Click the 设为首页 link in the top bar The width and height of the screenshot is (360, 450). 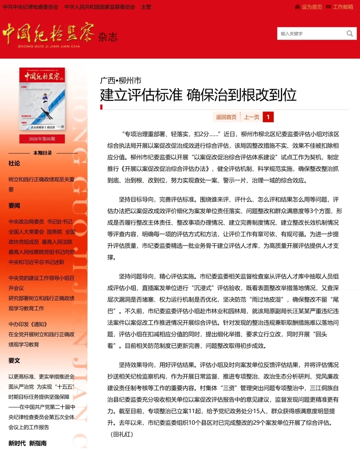point(312,7)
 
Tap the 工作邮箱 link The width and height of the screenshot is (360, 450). point(343,7)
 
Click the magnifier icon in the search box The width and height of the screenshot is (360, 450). point(349,33)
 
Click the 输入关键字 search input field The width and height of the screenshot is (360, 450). point(310,34)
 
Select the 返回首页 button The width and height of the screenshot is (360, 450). point(226,117)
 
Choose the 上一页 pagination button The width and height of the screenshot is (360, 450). point(252,117)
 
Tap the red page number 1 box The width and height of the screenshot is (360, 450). point(268,117)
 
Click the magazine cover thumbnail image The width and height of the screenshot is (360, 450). point(42,99)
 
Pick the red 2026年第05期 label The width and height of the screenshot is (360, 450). point(42,139)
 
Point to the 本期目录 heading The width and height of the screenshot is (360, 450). point(43,153)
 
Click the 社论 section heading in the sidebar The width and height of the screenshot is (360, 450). point(14,163)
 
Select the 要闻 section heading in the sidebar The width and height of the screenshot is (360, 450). point(14,206)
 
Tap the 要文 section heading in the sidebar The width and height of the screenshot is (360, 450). point(14,360)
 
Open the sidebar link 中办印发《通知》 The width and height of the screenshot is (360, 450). point(28,324)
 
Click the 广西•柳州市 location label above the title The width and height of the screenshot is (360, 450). point(121,80)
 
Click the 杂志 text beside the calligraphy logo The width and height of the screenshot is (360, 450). point(108,37)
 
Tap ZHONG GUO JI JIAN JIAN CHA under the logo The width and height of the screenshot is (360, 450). point(49,46)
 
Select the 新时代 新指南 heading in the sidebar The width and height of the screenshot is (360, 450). point(28,443)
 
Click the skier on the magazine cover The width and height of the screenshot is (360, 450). point(45,105)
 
